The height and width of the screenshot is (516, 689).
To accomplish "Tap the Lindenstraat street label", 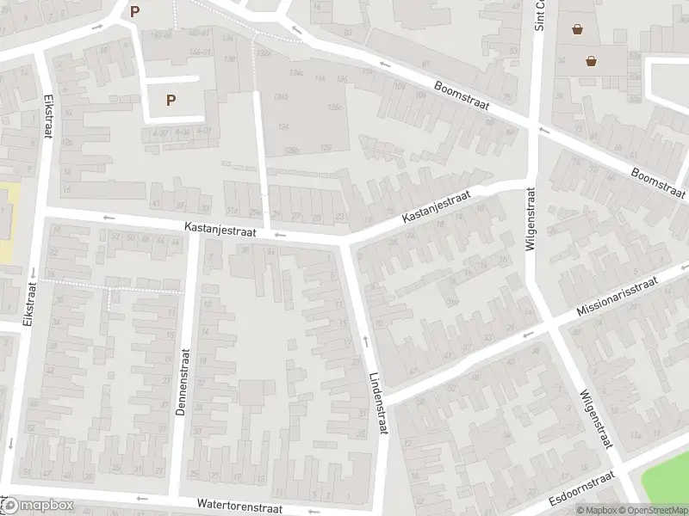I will [379, 402].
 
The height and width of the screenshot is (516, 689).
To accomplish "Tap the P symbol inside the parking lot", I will [171, 100].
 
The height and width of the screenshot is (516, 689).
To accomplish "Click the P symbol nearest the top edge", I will [133, 11].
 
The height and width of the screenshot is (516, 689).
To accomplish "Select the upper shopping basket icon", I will [576, 28].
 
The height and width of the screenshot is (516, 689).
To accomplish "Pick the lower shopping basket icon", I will [592, 60].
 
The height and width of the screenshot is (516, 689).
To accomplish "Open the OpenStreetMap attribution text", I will [658, 510].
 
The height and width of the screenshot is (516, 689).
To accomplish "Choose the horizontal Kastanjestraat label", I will [220, 230].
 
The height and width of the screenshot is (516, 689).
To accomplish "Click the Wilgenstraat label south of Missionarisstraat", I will [595, 417].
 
